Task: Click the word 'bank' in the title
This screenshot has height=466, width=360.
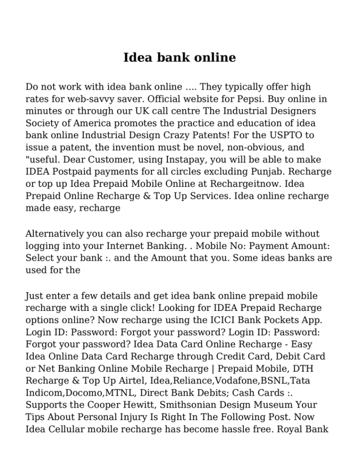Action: (x=173, y=58)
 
